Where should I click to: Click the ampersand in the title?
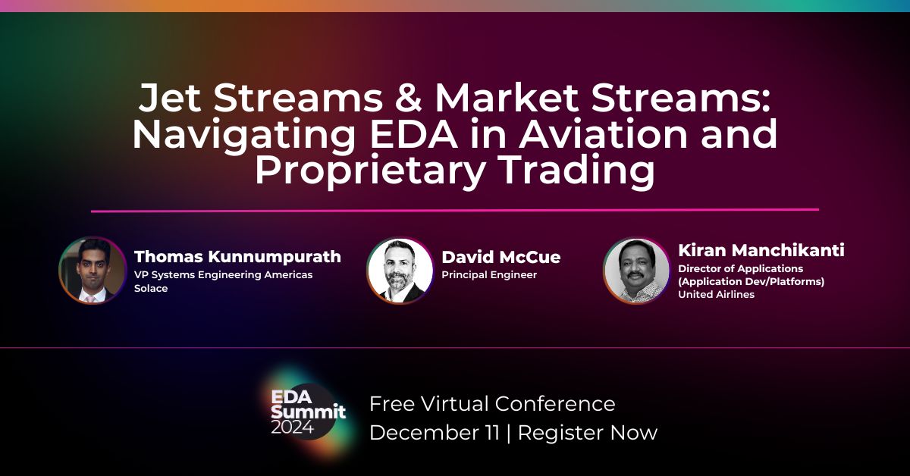[408, 98]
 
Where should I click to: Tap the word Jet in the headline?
[170, 98]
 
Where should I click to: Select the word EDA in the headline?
[414, 133]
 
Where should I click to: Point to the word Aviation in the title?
[603, 133]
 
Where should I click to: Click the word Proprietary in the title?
[369, 171]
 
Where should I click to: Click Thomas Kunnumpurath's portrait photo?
[93, 271]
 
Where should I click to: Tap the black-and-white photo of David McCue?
[400, 271]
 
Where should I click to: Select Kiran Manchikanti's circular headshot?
[636, 271]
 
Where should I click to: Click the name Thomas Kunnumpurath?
[237, 257]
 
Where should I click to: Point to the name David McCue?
[501, 257]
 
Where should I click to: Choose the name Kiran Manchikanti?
[761, 250]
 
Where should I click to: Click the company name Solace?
[151, 288]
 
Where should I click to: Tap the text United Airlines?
[716, 294]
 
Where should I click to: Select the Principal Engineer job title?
[489, 275]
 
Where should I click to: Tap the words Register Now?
[588, 432]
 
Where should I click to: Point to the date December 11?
[435, 432]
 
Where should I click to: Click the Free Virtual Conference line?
[492, 404]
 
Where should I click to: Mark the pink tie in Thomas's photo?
[90, 299]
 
